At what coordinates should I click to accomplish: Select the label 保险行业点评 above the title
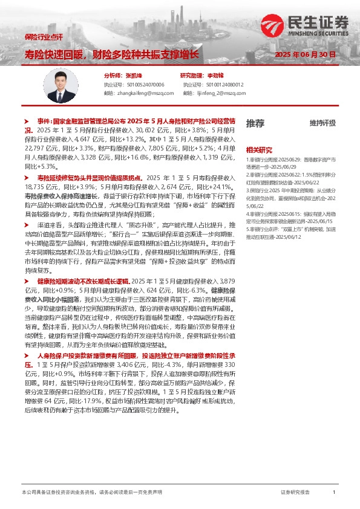coord(44,37)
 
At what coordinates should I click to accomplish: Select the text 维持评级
coord(322,123)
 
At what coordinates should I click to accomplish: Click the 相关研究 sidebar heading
coord(259,150)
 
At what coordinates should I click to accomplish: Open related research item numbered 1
coord(290,161)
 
